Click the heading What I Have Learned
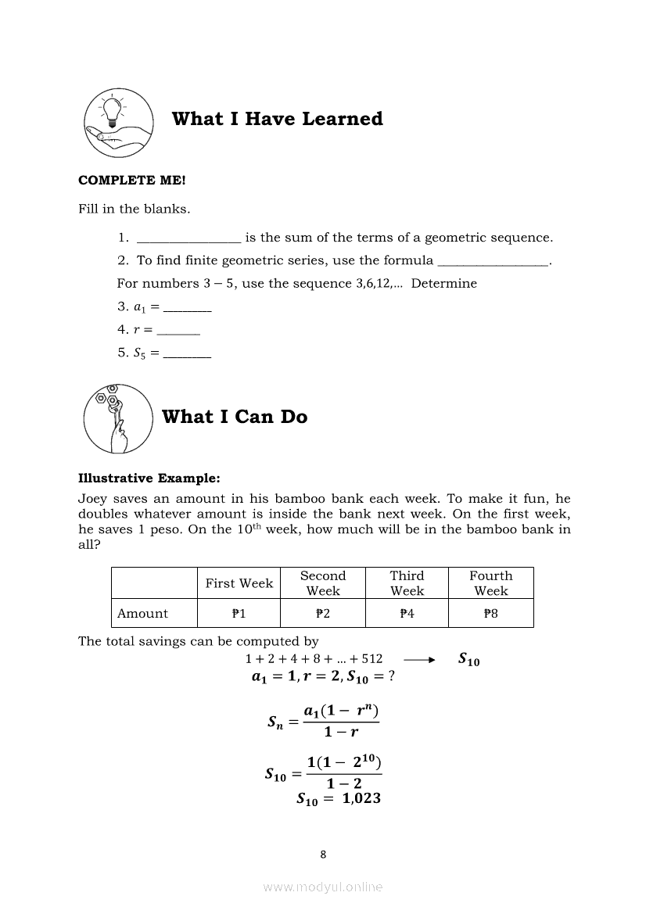pos(277,119)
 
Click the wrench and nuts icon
pos(117,418)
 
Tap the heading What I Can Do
pos(235,417)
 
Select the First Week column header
pos(239,583)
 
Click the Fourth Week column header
pos(490,583)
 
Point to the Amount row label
pos(142,614)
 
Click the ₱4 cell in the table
pos(407,614)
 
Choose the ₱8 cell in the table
pos(490,614)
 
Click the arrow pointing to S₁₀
pos(419,660)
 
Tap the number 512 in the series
pos(371,659)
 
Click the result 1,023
pos(361,799)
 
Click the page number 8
pos(323,854)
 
